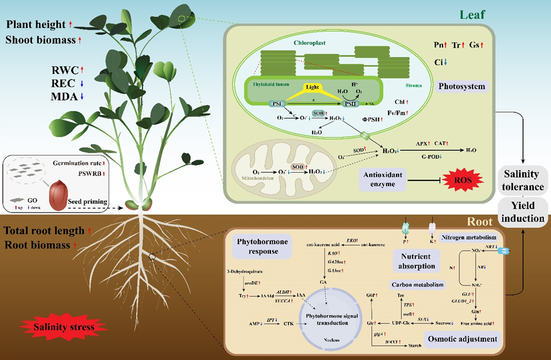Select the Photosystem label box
[x=462, y=87]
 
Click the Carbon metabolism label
[x=417, y=284]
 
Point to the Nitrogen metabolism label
[x=467, y=237]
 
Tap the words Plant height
[x=37, y=24]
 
